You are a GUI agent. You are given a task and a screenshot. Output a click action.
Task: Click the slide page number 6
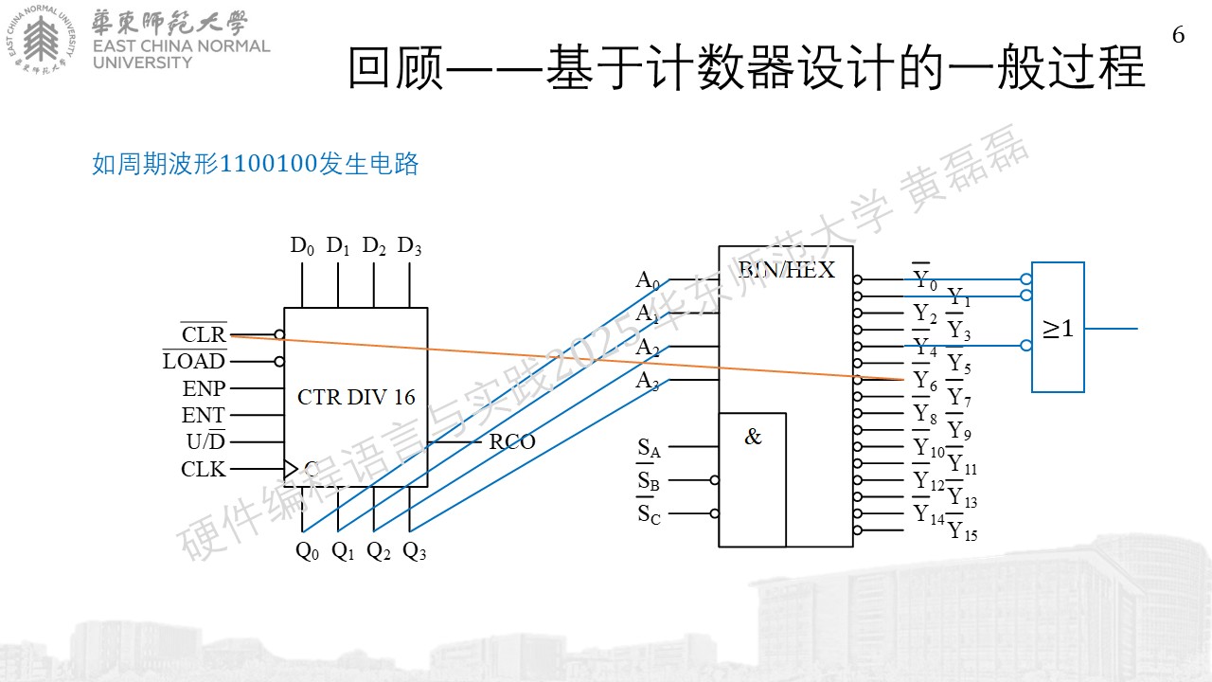(1179, 35)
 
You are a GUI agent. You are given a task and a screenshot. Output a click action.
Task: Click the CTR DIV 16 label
(356, 397)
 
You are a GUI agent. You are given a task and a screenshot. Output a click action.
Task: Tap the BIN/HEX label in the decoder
(786, 270)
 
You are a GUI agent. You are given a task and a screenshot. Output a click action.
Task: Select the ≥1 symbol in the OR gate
(1058, 329)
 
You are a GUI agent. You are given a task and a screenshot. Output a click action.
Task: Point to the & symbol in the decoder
(753, 437)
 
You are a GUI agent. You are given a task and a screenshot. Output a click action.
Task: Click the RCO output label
(512, 441)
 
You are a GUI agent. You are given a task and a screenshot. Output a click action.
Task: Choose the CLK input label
(203, 469)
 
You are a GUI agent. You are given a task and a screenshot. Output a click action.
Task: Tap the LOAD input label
(194, 361)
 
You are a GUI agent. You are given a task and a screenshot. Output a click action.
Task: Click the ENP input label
(204, 388)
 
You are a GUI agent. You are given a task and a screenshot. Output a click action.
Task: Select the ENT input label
(203, 415)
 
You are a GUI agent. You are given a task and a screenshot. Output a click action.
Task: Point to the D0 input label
(302, 246)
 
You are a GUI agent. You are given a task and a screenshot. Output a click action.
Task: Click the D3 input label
(409, 246)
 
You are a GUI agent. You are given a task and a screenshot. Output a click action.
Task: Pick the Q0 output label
(308, 551)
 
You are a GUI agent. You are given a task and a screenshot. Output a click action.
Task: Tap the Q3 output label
(415, 551)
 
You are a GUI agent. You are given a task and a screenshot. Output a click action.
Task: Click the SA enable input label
(649, 448)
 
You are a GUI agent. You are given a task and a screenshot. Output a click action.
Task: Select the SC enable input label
(649, 514)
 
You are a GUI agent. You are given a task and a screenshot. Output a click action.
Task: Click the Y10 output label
(929, 447)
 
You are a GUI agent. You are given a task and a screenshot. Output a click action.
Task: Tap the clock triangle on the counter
(291, 469)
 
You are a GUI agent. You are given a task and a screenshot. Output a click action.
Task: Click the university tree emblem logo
(41, 39)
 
